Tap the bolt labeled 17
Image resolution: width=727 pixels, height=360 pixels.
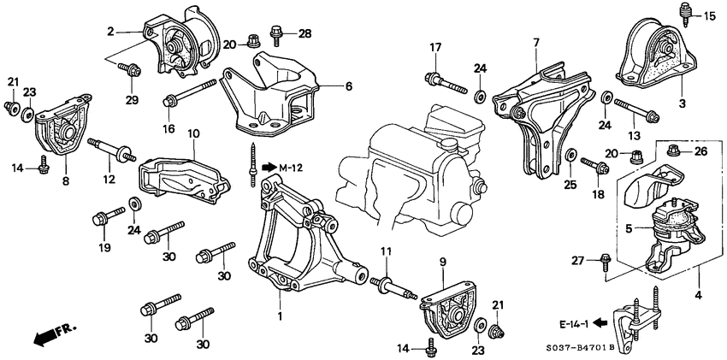(442, 83)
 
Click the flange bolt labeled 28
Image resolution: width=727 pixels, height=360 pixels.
(275, 36)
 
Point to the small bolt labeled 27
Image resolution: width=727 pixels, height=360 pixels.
(606, 258)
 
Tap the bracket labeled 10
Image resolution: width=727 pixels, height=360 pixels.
(184, 175)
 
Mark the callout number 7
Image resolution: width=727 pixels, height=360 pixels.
(535, 42)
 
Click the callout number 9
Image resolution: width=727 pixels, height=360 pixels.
(442, 262)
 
